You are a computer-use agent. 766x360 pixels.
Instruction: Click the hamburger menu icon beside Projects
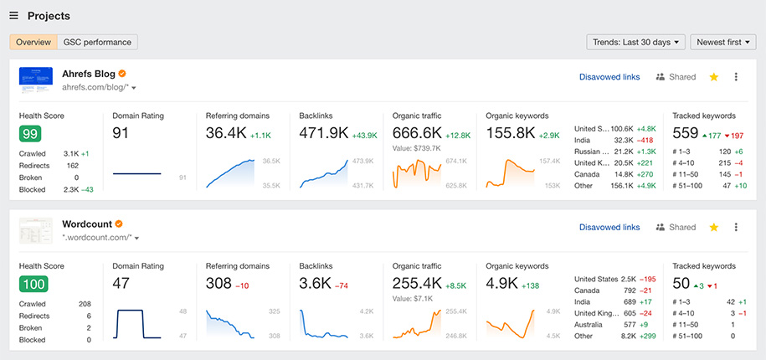pos(13,16)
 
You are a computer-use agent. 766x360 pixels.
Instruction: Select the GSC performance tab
pos(98,42)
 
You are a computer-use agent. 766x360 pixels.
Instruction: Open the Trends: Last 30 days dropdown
pos(636,42)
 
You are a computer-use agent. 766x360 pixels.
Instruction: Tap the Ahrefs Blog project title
pos(87,74)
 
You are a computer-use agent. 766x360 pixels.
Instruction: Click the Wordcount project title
pos(86,224)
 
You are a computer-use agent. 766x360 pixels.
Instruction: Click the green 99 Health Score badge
pos(30,134)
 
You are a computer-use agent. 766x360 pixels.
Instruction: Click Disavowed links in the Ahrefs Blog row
pos(609,77)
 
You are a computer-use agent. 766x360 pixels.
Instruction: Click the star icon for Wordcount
pos(714,227)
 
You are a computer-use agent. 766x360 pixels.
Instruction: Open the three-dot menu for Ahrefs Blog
pos(736,77)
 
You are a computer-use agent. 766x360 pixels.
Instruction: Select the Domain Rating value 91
pos(121,133)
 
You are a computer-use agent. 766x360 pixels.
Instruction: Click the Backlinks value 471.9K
pos(323,133)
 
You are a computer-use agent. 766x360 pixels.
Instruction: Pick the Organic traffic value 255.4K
pos(417,284)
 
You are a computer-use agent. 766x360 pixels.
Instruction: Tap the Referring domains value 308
pos(218,284)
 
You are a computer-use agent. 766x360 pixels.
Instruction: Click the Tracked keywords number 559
pos(686,133)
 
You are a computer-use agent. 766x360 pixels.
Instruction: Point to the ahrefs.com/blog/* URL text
pos(95,87)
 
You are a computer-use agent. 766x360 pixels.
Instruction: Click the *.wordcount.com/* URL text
pos(95,238)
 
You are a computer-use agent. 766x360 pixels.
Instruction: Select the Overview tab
pos(33,42)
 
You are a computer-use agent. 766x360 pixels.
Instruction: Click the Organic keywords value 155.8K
pos(511,133)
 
